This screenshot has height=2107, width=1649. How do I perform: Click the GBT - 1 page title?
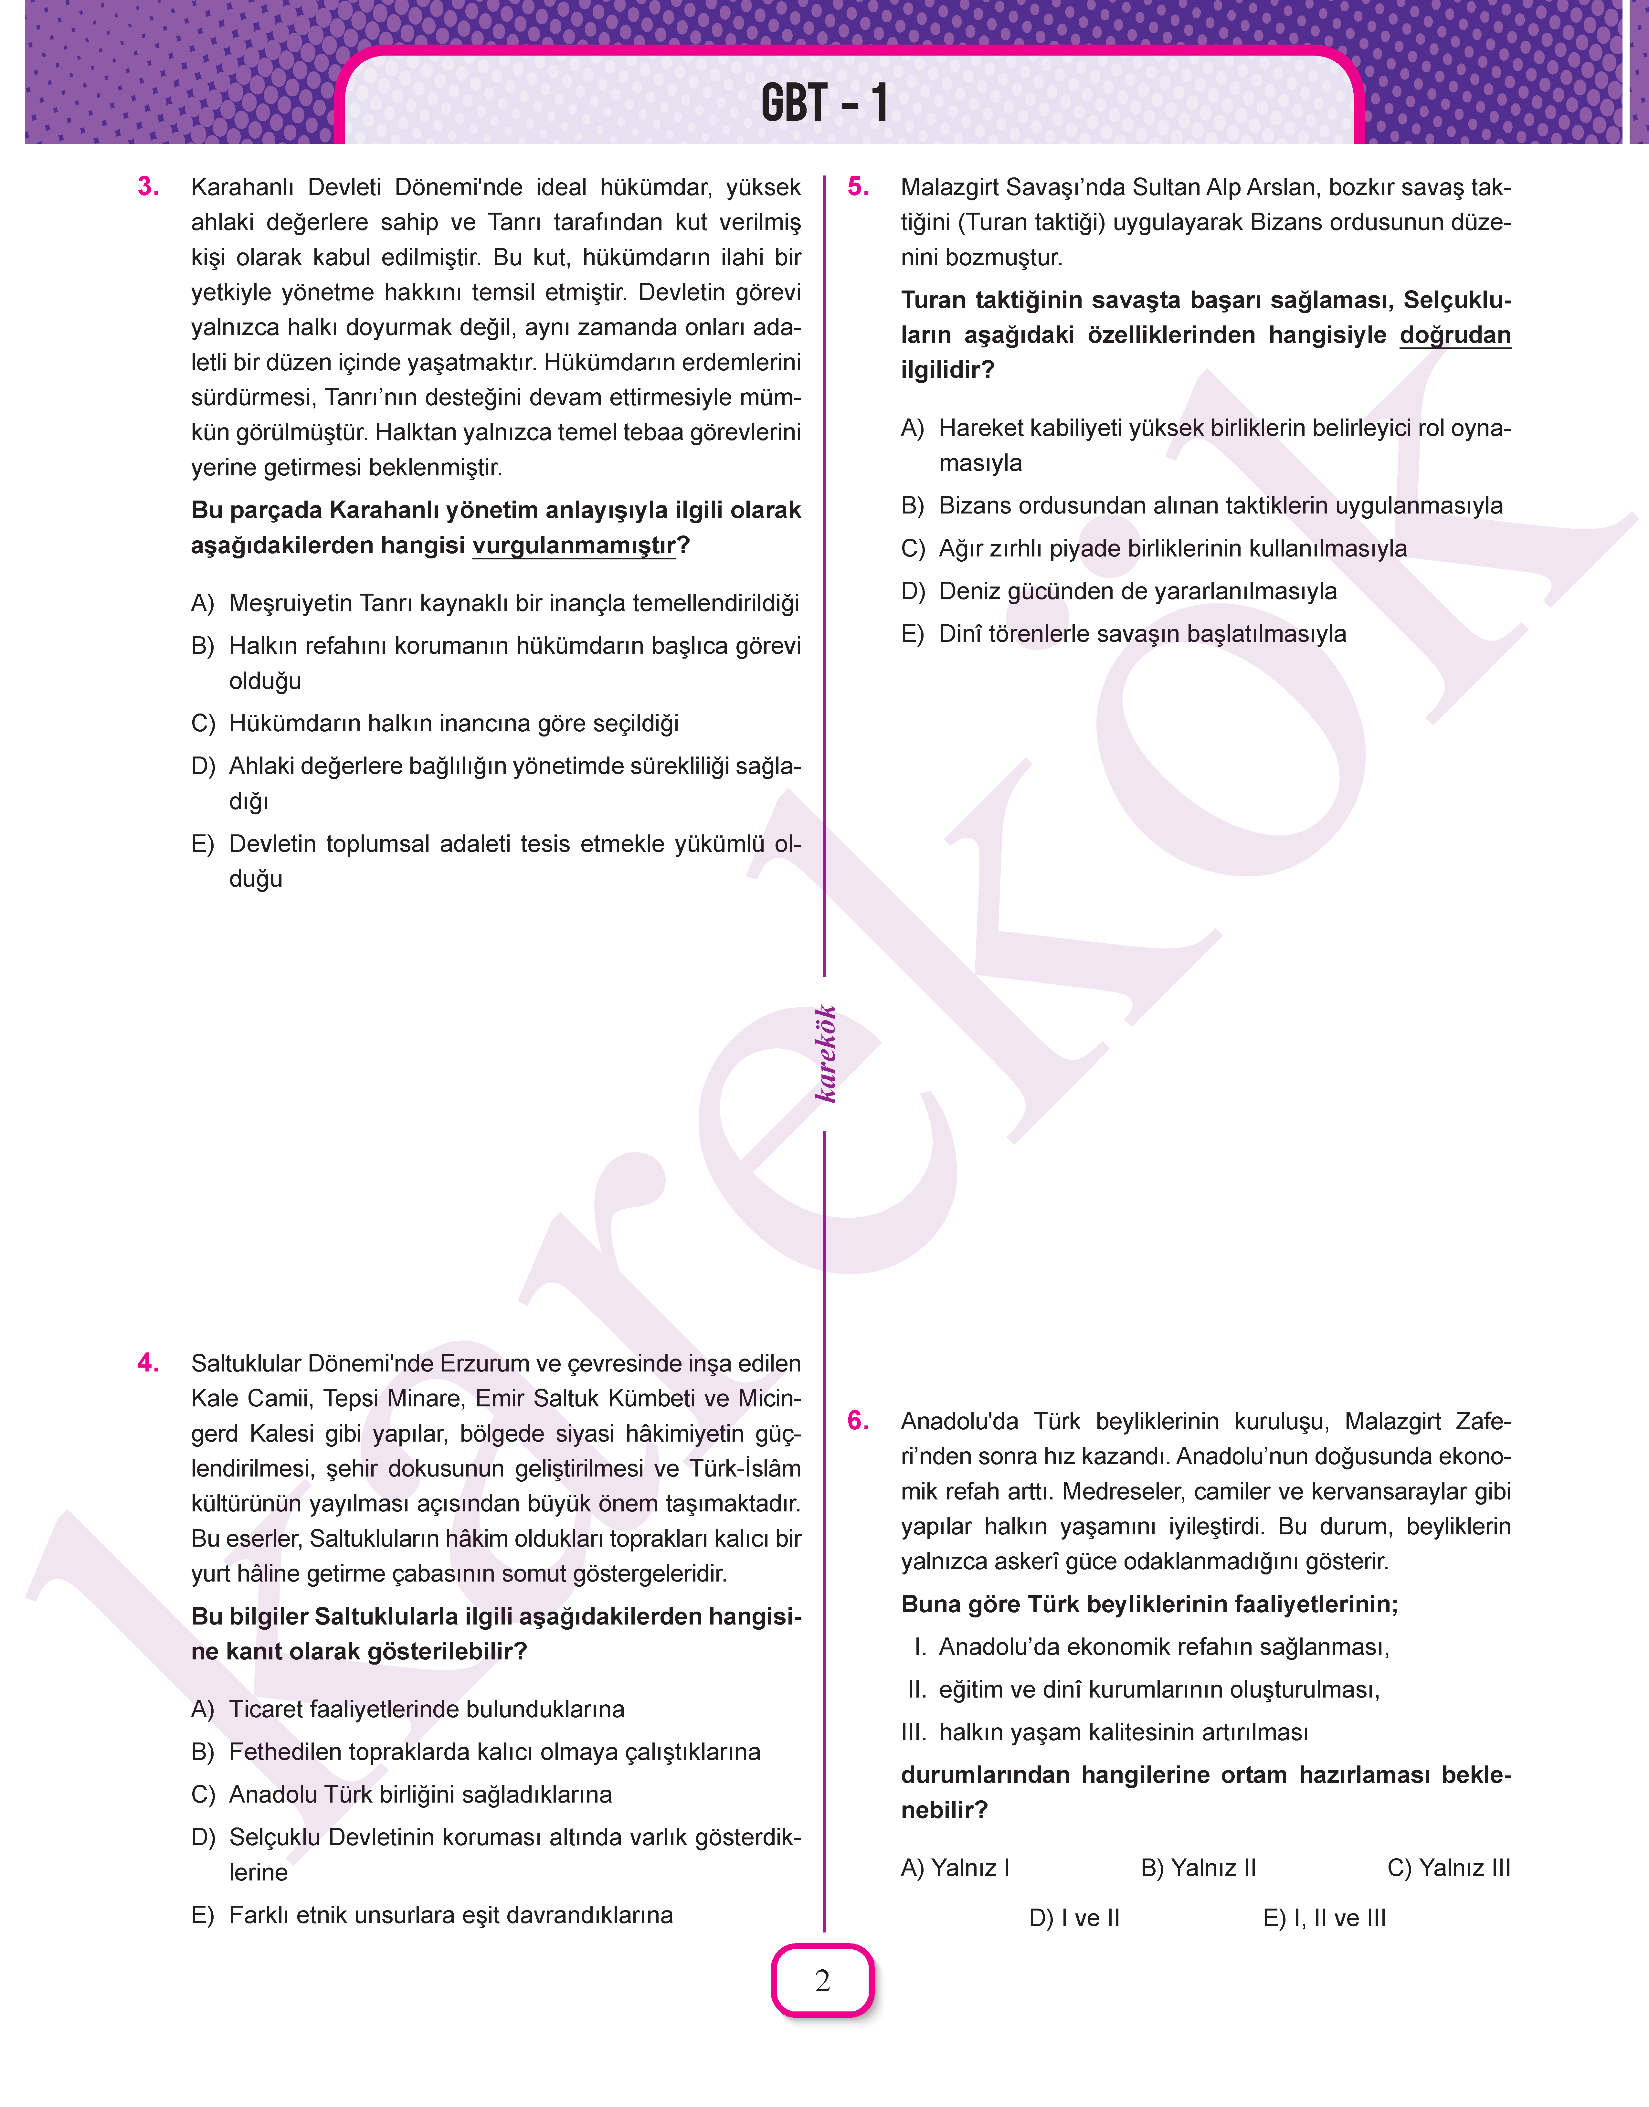pos(824,102)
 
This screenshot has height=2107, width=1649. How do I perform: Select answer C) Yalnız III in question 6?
pos(1448,1868)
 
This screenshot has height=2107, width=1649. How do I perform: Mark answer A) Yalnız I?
pos(955,1868)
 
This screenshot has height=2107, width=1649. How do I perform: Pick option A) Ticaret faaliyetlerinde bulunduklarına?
pos(407,1709)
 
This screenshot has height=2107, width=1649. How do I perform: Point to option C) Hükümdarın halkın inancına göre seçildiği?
pos(434,723)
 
